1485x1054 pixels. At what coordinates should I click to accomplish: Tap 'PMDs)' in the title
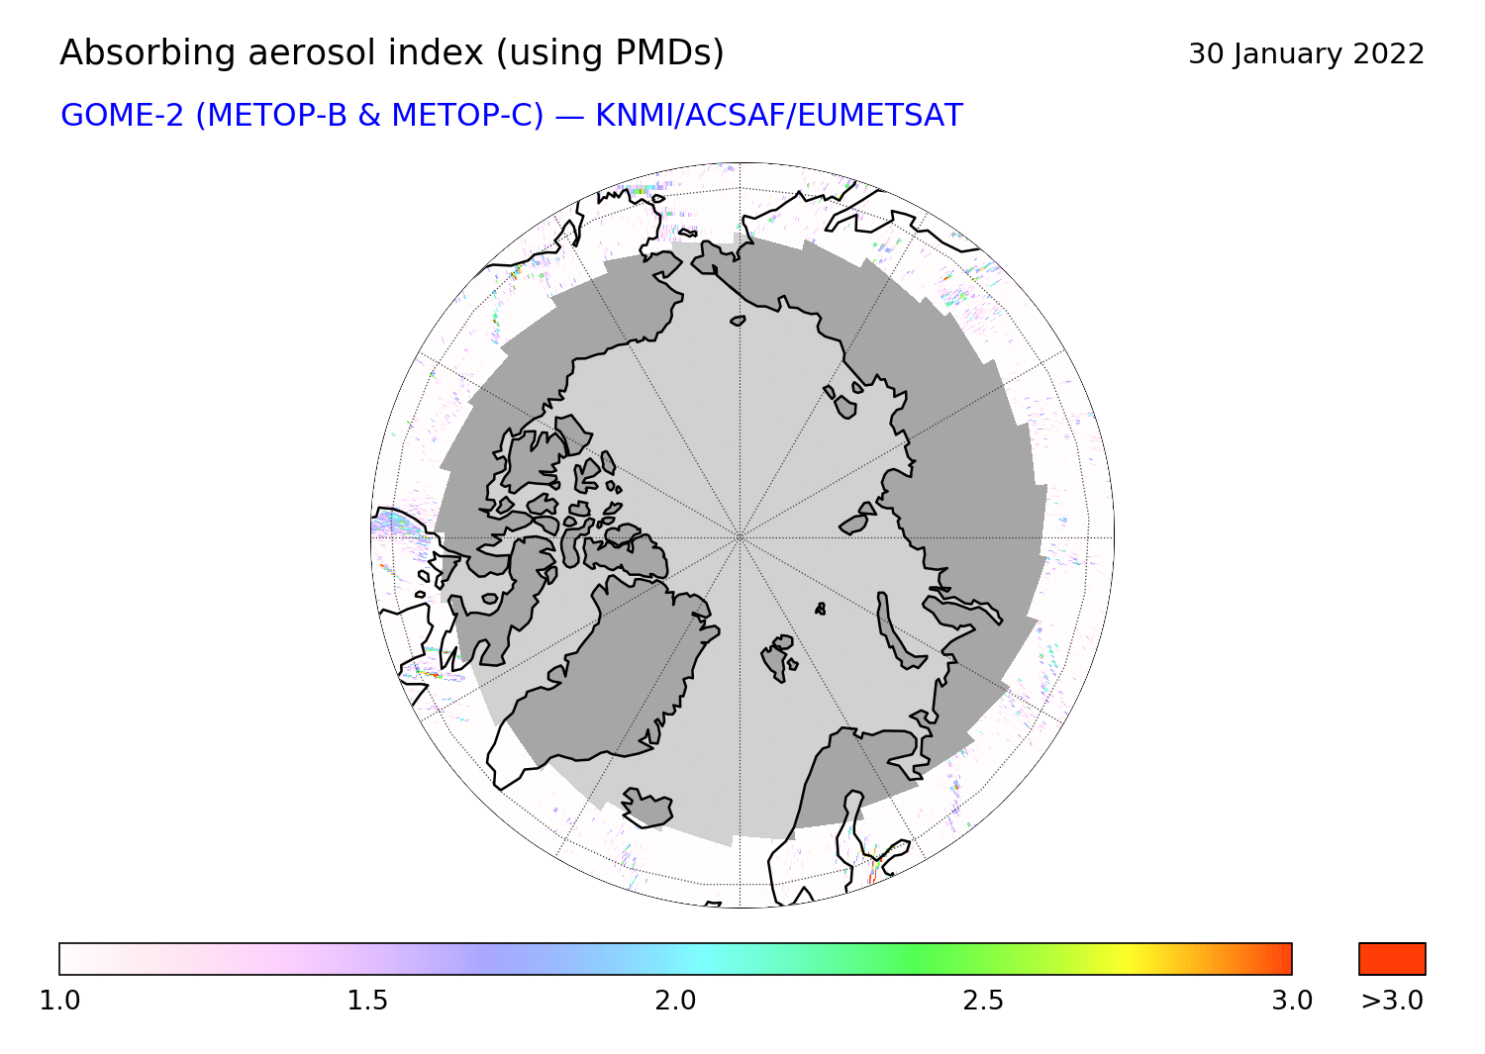click(x=669, y=53)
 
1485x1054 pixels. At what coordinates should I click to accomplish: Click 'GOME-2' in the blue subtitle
click(x=122, y=116)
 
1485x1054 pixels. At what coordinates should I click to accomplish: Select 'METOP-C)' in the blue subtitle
click(x=468, y=116)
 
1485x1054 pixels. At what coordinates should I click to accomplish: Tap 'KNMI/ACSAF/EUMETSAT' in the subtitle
click(x=779, y=116)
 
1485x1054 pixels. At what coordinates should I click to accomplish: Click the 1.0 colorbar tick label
click(x=59, y=1001)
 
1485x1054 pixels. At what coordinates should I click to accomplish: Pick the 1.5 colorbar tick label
click(x=367, y=1001)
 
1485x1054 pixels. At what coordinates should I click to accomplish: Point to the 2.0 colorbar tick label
click(x=675, y=1001)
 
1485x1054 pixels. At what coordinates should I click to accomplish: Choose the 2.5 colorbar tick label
click(x=983, y=1001)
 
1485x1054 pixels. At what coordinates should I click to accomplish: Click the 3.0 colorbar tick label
click(x=1291, y=1001)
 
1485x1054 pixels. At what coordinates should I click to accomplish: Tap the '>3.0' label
click(x=1392, y=1001)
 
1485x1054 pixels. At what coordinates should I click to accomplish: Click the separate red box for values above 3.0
click(x=1392, y=959)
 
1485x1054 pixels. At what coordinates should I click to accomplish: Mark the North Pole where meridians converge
click(x=740, y=537)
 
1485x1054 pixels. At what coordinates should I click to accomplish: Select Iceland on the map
click(x=647, y=809)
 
